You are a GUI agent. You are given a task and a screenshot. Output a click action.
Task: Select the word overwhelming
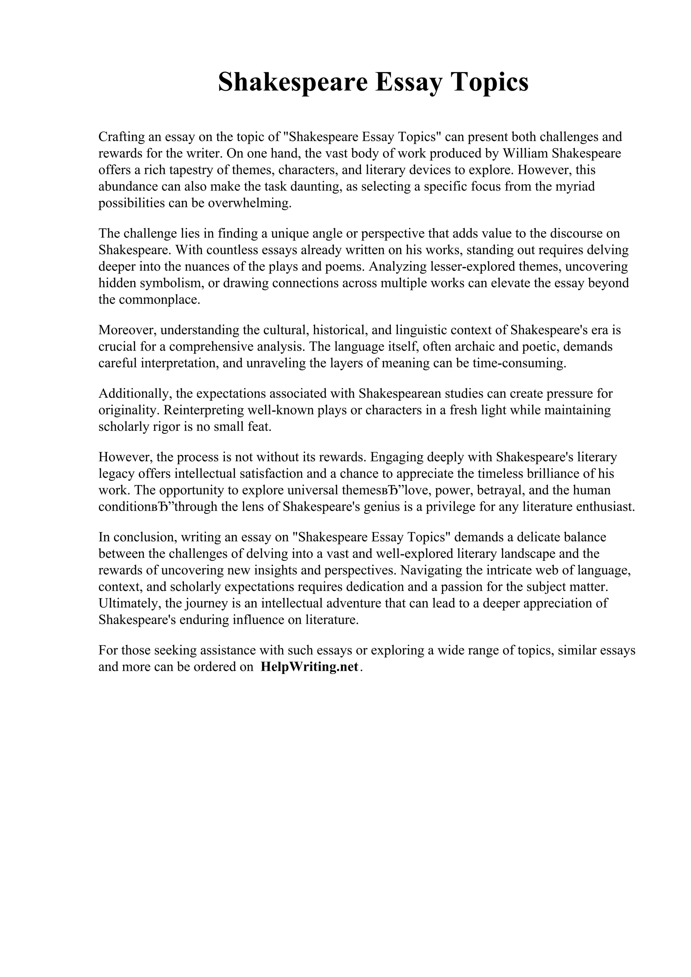point(249,203)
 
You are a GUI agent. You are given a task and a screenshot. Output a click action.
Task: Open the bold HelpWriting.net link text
point(309,667)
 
